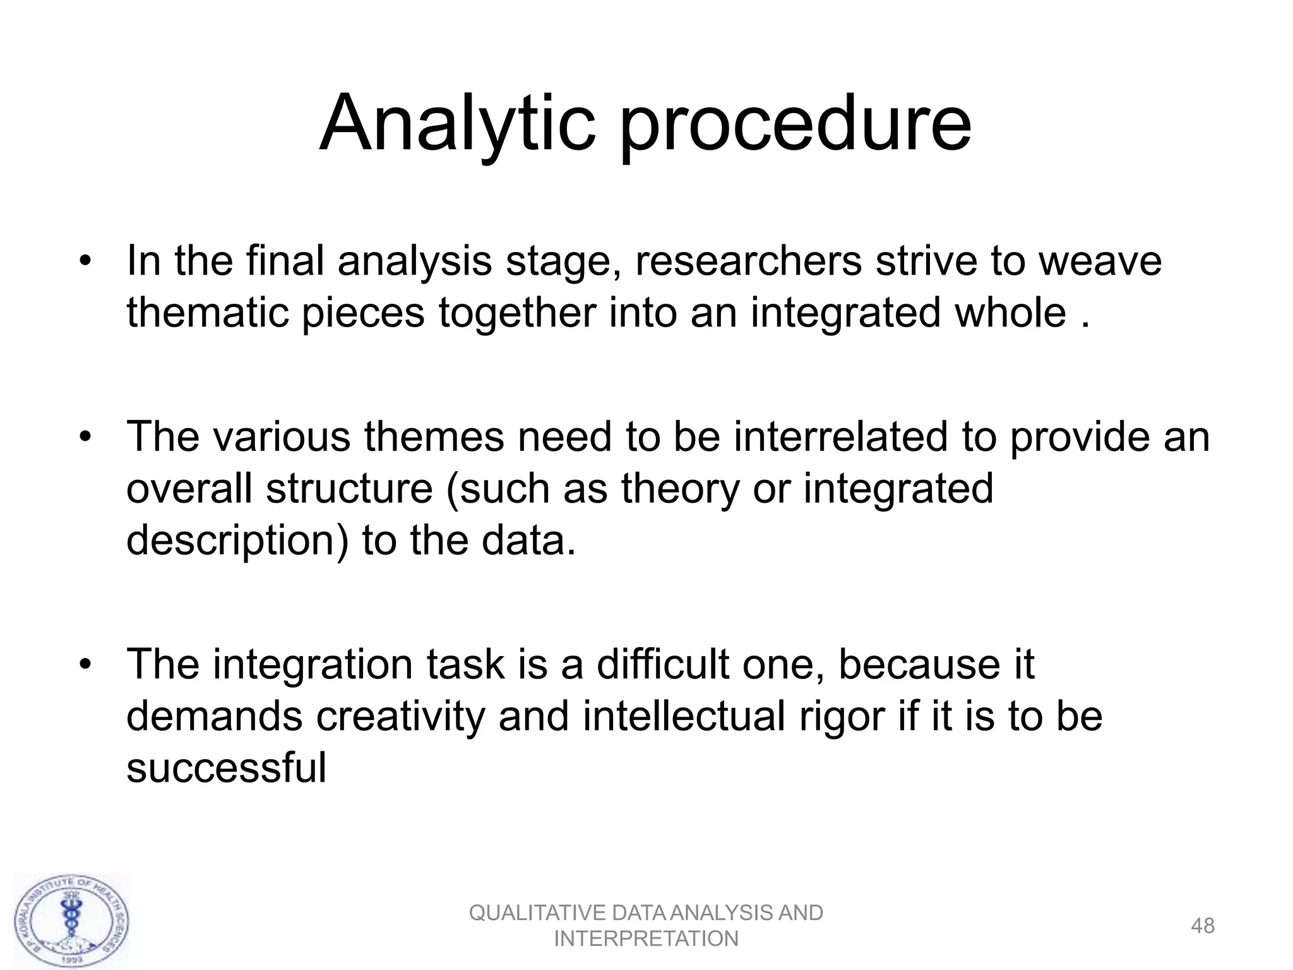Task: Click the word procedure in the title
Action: [795, 126]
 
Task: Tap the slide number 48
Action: [1202, 926]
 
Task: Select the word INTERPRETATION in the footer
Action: [646, 939]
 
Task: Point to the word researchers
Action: [748, 261]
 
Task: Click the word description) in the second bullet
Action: [237, 542]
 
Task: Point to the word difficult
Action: [662, 664]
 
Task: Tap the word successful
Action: [226, 768]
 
